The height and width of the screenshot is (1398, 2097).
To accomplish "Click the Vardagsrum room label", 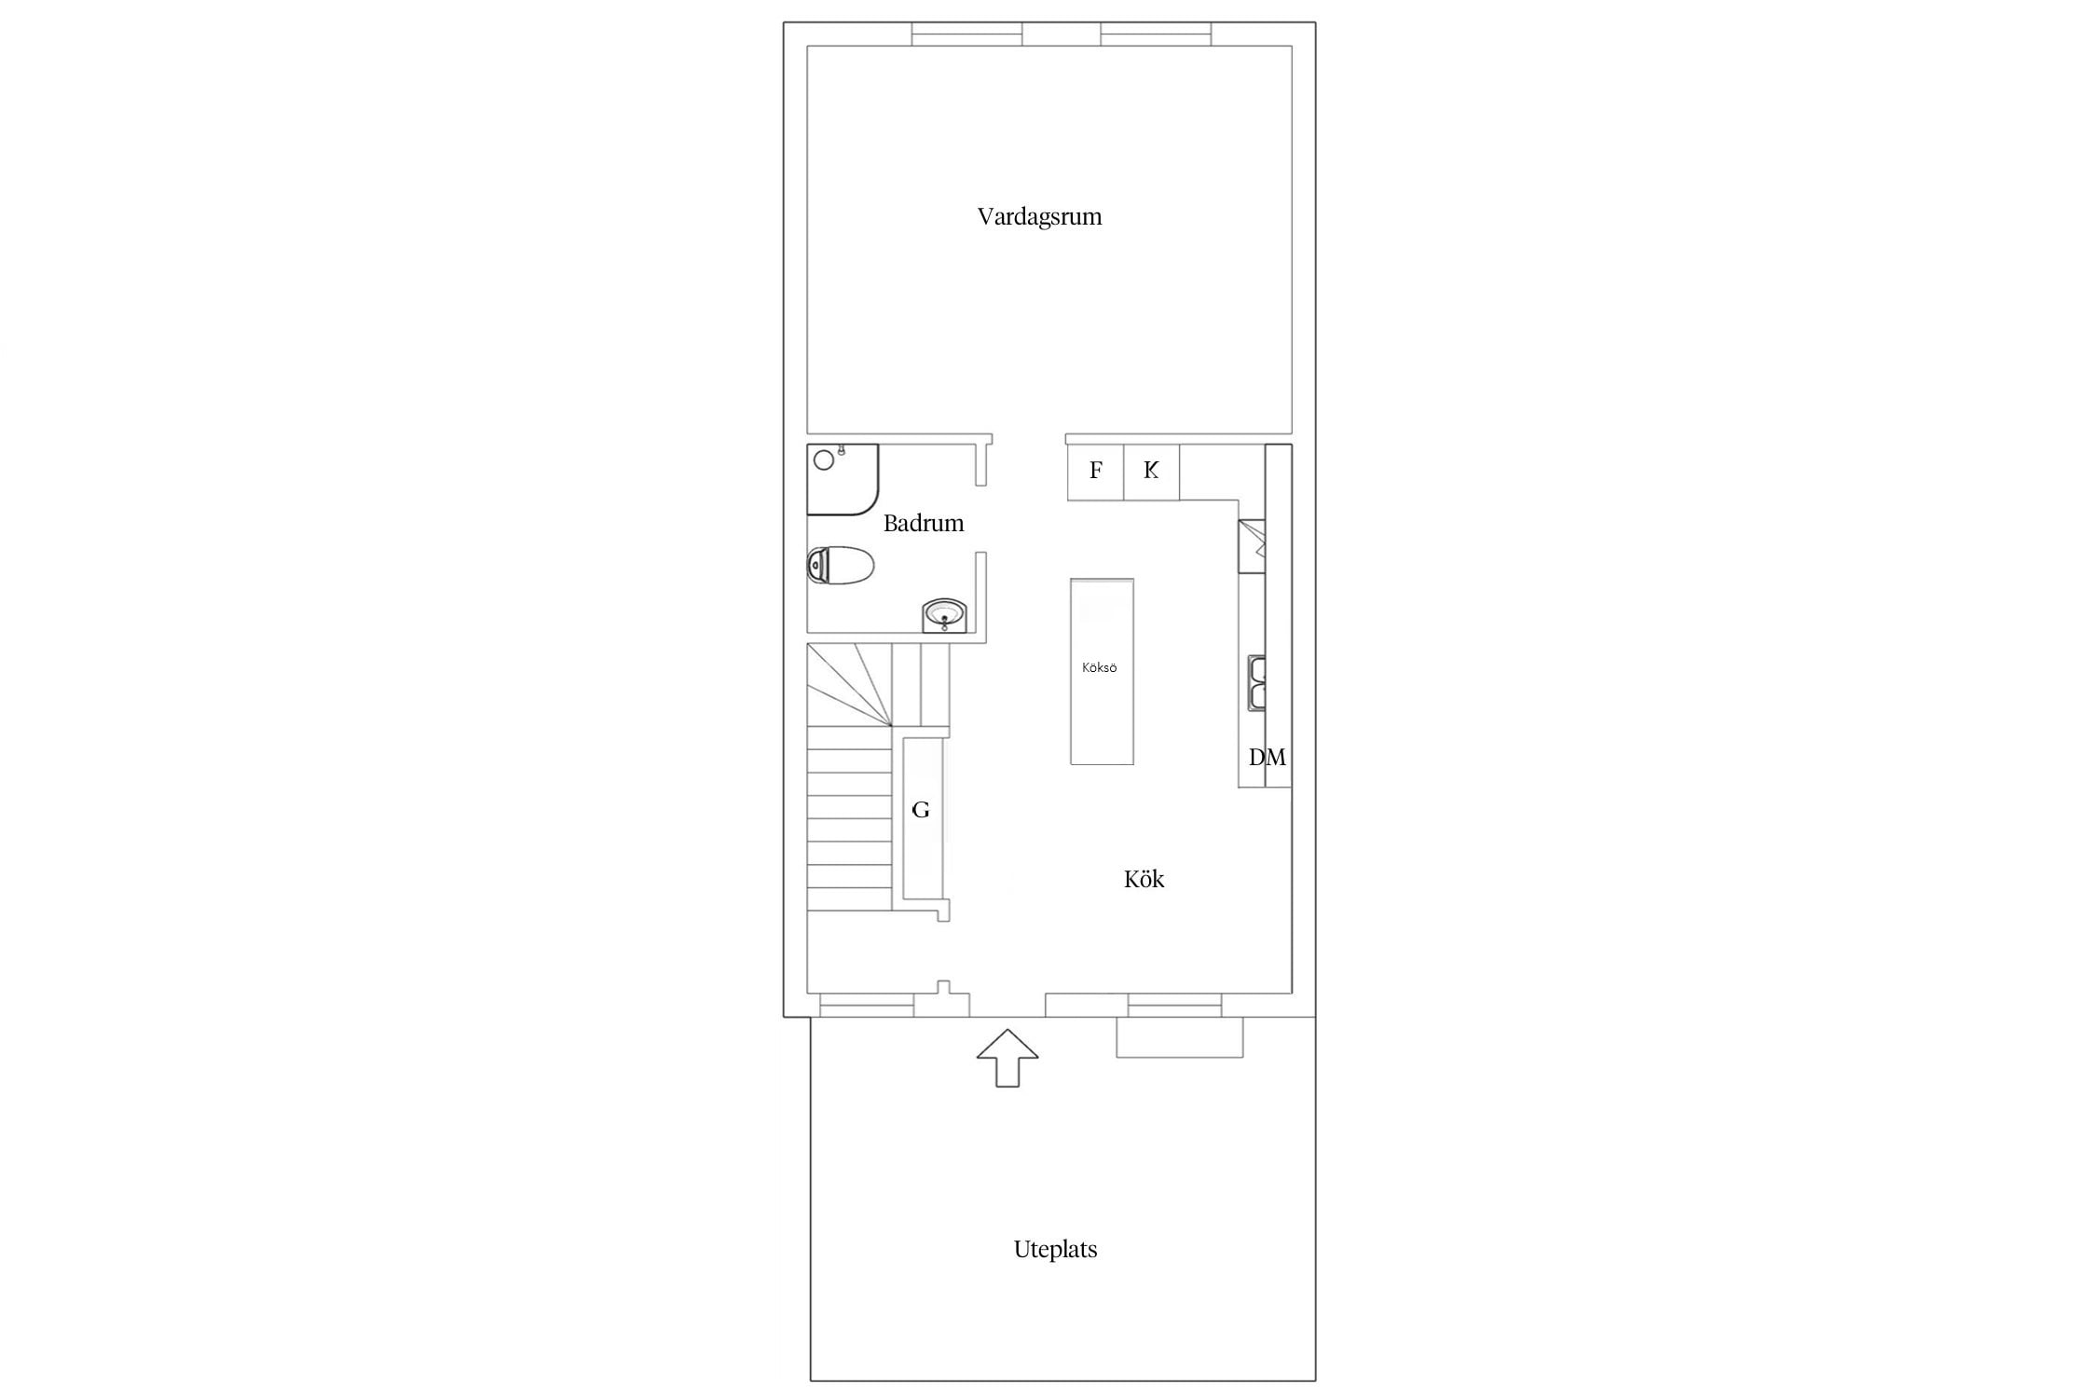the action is pyautogui.click(x=1039, y=217).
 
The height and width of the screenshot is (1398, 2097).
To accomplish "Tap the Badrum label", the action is pyautogui.click(x=923, y=523).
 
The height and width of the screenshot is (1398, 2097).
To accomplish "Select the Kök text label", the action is pyautogui.click(x=1144, y=879).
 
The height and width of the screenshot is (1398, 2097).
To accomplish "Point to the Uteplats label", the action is pyautogui.click(x=1055, y=1250).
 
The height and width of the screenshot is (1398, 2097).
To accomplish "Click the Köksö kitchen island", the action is pyautogui.click(x=1102, y=671).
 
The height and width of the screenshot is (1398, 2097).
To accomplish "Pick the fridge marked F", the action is pyautogui.click(x=1095, y=472).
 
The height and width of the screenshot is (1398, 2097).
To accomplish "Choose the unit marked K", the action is pyautogui.click(x=1151, y=472).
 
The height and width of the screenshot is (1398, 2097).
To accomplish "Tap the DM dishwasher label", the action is pyautogui.click(x=1267, y=758).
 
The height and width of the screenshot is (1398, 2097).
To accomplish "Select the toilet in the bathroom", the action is pyautogui.click(x=840, y=565).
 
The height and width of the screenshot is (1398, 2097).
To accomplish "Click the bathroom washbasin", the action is pyautogui.click(x=945, y=616).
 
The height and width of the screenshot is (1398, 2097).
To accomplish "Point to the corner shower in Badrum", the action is pyautogui.click(x=843, y=480).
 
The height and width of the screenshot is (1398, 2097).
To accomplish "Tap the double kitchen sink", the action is pyautogui.click(x=1256, y=683).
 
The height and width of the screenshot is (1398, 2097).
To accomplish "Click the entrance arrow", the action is pyautogui.click(x=1007, y=1058).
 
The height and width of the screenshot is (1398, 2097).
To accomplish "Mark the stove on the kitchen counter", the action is pyautogui.click(x=1251, y=546).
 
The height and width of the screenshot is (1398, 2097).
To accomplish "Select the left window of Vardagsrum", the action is pyautogui.click(x=966, y=34).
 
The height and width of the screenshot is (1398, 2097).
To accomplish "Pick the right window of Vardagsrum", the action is pyautogui.click(x=1156, y=34).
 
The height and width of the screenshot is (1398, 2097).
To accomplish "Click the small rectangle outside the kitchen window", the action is pyautogui.click(x=1179, y=1037).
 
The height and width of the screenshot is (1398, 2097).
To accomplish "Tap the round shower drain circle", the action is pyautogui.click(x=824, y=459).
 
